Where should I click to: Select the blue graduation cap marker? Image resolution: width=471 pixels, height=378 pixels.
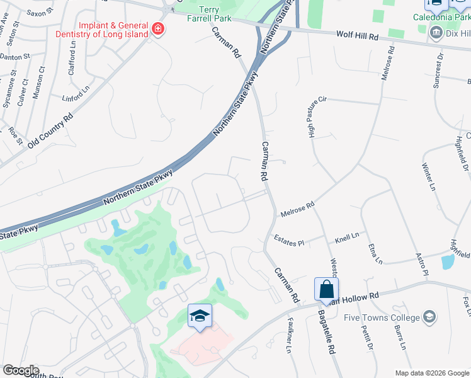pos(200,316)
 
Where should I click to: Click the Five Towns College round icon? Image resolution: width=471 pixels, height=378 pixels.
pos(430,316)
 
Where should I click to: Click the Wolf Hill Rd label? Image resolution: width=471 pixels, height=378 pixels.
pos(357,37)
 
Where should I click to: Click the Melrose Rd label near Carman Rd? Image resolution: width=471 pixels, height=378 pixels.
pos(297,209)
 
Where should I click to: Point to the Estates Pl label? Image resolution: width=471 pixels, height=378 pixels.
pos(289,241)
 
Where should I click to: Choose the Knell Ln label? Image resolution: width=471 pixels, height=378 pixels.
pos(347,237)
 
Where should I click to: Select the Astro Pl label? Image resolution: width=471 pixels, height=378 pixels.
pos(421,265)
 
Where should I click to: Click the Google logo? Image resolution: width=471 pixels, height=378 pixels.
pos(21,370)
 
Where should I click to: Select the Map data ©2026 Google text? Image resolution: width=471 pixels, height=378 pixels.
pos(431,373)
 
